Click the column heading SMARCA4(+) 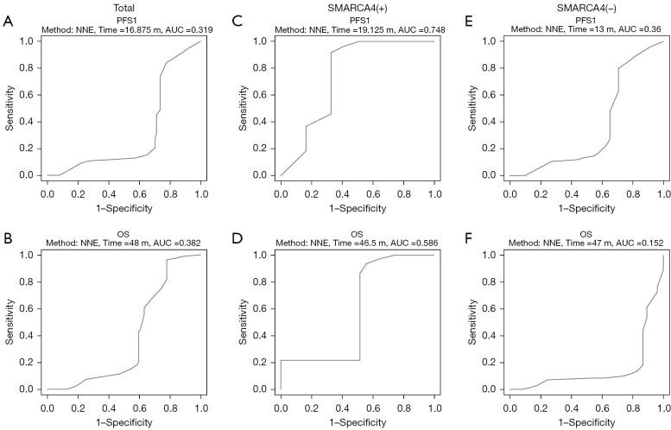point(358,7)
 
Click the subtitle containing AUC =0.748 point(357,30)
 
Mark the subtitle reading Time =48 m point(124,244)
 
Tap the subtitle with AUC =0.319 point(124,30)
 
